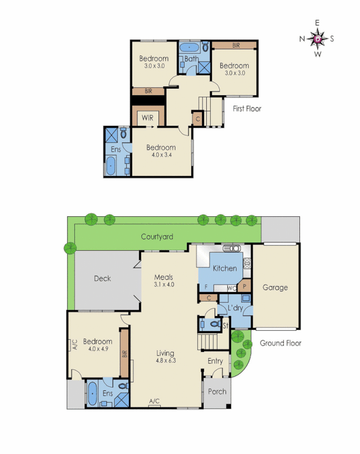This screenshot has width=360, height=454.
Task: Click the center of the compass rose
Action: [x=318, y=39]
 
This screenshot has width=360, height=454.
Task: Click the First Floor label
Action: [x=247, y=108]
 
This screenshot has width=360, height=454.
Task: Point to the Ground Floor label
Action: [x=280, y=343]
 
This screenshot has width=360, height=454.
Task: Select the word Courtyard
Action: [x=157, y=237]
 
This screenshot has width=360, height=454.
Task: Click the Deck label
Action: [x=102, y=279]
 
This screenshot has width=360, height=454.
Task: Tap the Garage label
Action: [x=275, y=288]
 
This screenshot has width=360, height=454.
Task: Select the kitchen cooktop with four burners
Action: [x=248, y=263]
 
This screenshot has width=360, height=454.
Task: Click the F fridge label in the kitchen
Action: [x=206, y=288]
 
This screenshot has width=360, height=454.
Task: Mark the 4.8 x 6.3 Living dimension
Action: [x=165, y=361]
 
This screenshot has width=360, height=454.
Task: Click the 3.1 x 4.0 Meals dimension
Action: [x=164, y=285]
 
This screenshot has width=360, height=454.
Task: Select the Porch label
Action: [x=217, y=392]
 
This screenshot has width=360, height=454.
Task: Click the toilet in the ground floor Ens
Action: [x=124, y=387]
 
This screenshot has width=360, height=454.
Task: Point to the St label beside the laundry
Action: [x=225, y=325]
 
